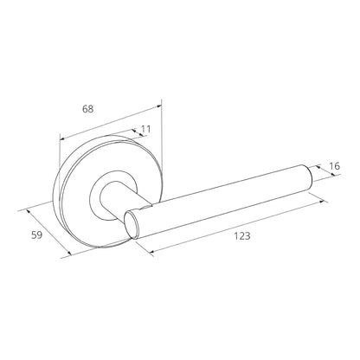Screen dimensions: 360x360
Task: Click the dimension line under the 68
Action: click(x=110, y=121)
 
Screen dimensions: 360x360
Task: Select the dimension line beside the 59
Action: click(x=48, y=231)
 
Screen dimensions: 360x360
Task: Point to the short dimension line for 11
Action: click(x=138, y=135)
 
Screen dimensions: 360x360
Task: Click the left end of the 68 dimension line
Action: click(x=59, y=138)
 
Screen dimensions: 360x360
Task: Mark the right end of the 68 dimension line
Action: click(x=161, y=105)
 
